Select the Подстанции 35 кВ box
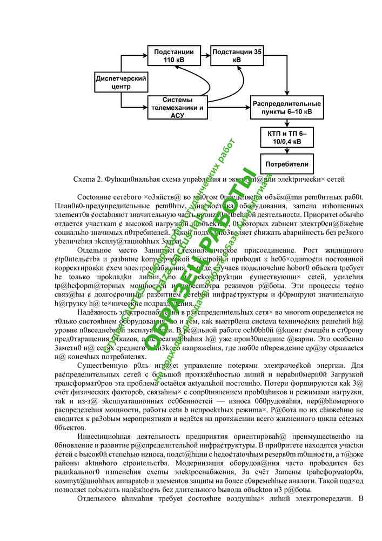(237, 56)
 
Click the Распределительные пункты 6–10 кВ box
(286, 108)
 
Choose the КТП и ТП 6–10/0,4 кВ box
(286, 137)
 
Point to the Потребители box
(286, 164)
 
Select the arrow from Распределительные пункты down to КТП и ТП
(286, 123)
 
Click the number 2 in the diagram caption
(98, 179)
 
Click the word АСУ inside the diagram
(177, 115)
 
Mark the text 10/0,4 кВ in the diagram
(286, 142)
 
